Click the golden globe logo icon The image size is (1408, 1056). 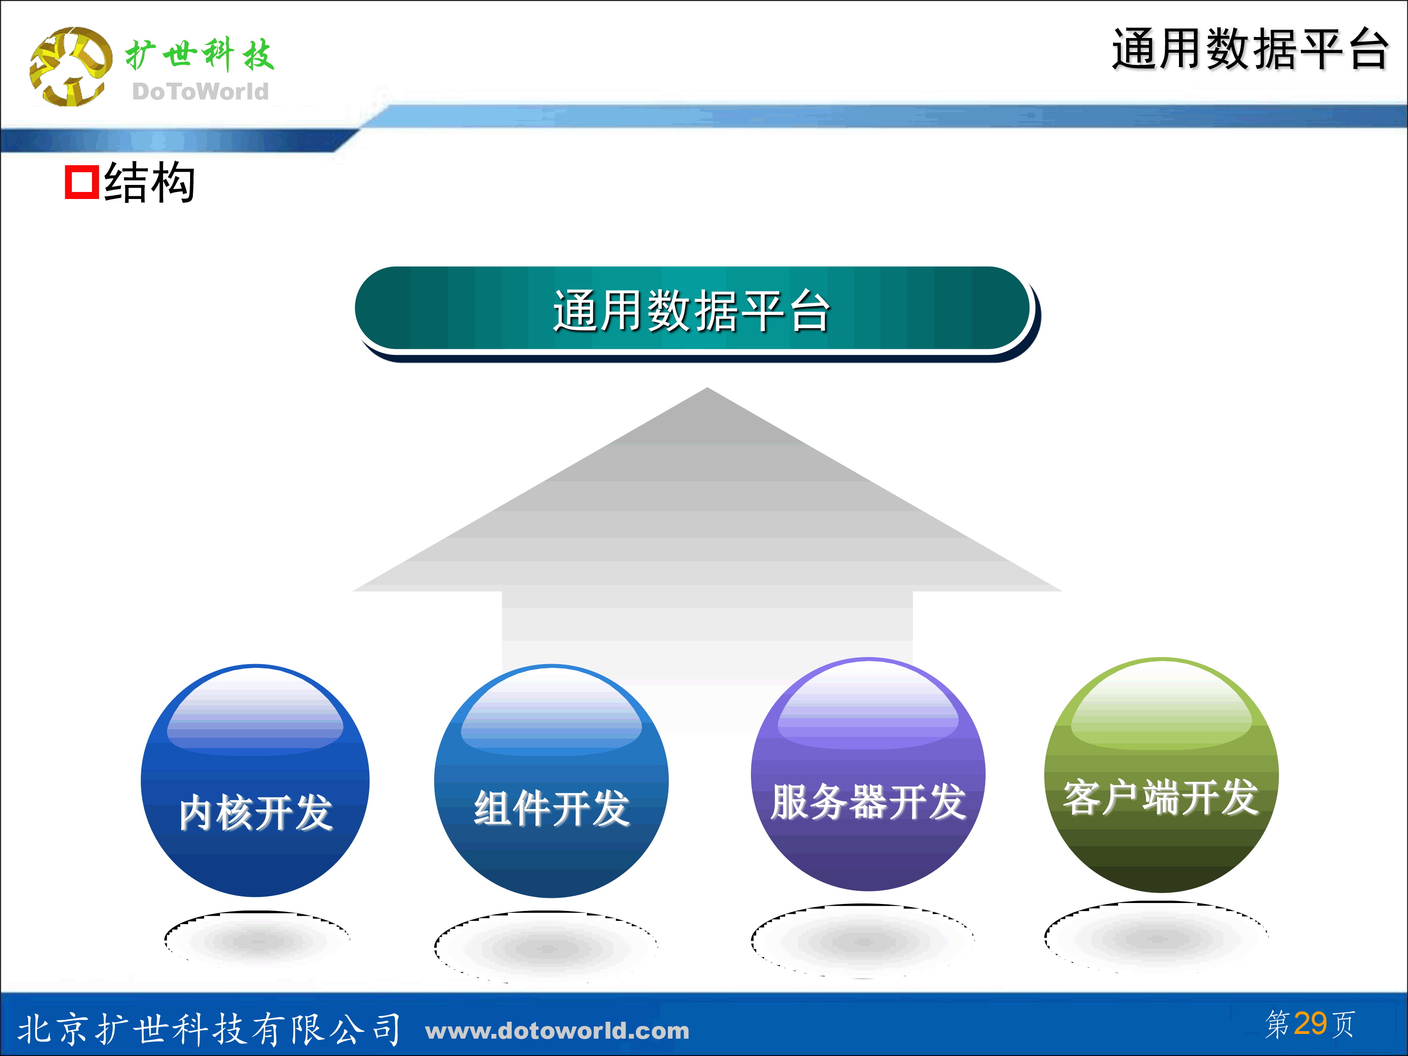pyautogui.click(x=70, y=67)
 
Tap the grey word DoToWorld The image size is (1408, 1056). pyautogui.click(x=200, y=92)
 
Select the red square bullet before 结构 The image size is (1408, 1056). pyautogui.click(x=82, y=183)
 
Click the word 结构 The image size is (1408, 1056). pyautogui.click(x=150, y=183)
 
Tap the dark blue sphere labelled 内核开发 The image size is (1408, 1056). pyautogui.click(x=255, y=781)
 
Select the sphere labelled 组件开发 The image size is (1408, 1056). pyautogui.click(x=551, y=781)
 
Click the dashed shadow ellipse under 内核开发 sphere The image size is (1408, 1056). pyautogui.click(x=257, y=939)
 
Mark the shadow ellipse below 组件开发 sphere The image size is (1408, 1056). pyautogui.click(x=546, y=947)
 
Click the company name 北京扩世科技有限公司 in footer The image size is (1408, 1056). pyautogui.click(x=209, y=1029)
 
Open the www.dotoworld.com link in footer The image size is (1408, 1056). pyautogui.click(x=557, y=1031)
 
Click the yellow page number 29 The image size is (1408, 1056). pyautogui.click(x=1310, y=1024)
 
